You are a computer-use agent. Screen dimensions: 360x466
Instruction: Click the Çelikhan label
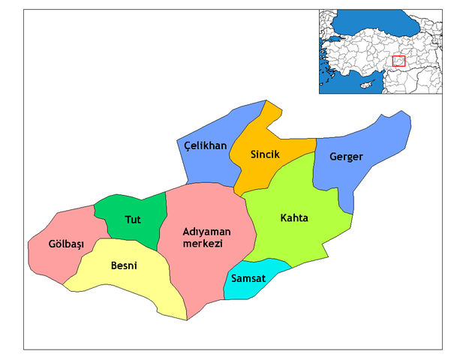tap(205, 145)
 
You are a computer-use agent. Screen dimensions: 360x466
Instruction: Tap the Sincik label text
tap(265, 154)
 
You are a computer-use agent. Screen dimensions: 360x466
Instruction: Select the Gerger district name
tap(346, 157)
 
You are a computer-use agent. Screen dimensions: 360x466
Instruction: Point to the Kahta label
tap(294, 218)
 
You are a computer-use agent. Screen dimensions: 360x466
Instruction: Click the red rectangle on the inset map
tap(399, 61)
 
